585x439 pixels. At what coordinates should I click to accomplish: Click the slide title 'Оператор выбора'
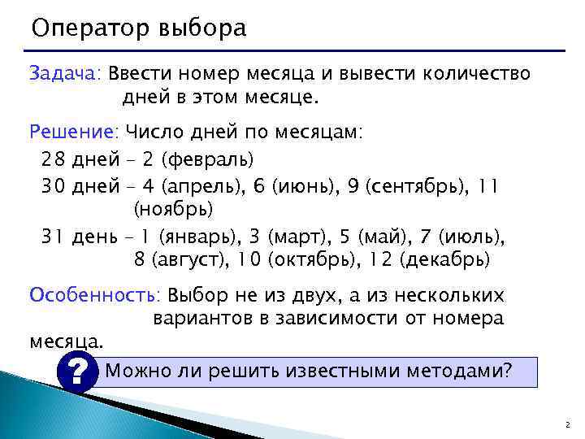tap(137, 28)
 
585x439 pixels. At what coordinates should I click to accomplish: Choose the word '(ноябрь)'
tap(173, 210)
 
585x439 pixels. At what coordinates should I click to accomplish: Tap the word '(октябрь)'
tap(325, 261)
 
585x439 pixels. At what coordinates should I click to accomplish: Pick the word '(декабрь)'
tap(448, 261)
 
